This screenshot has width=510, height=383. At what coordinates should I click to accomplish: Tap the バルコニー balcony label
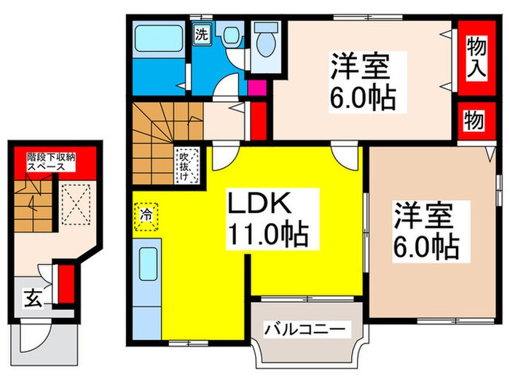[303, 330]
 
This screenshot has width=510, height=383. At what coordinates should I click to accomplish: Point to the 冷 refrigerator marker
[145, 217]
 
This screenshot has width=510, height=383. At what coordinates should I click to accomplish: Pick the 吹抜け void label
[187, 167]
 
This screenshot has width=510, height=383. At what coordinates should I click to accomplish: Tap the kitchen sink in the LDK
[148, 262]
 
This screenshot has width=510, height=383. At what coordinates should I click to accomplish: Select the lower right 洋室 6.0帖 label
[426, 233]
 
